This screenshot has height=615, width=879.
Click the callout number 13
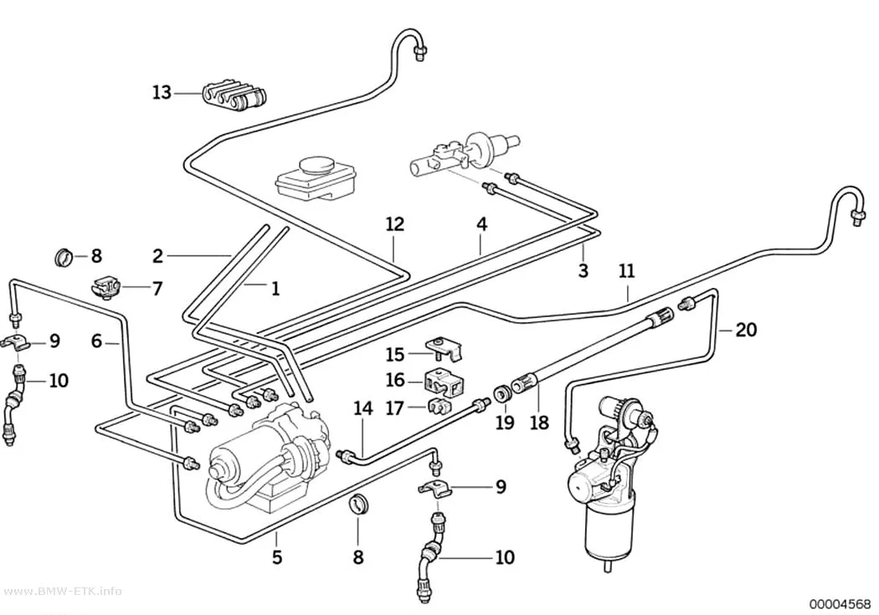point(162,92)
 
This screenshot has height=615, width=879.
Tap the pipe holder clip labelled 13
point(234,96)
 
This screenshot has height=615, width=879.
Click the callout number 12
point(394,224)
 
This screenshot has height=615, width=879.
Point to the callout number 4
point(481,224)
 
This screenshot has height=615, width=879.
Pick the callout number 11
point(627,271)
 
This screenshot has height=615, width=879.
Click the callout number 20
point(746,330)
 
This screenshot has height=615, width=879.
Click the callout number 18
point(539,422)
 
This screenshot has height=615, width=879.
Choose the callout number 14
point(362,408)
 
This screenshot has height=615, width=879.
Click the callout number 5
point(277,557)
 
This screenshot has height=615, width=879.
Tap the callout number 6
point(96,341)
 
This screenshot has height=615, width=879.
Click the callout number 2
point(157,256)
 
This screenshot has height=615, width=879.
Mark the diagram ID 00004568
point(840,604)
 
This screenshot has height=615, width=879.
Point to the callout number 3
point(583,270)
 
